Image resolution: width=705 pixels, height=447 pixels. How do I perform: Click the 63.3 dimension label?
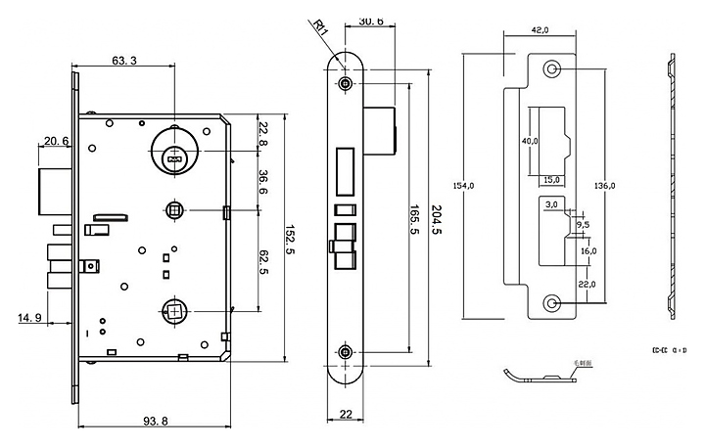click(124, 61)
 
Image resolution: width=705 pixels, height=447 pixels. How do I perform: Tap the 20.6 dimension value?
click(57, 142)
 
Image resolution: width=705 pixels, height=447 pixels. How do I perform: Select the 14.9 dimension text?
click(28, 318)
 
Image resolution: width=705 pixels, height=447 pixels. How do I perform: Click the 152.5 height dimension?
click(291, 239)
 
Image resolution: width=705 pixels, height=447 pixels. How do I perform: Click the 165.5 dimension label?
click(411, 223)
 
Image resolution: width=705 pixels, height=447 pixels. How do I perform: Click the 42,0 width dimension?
click(540, 30)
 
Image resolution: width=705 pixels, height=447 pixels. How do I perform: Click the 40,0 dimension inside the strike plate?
click(530, 142)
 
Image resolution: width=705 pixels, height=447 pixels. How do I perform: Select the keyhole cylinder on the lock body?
click(174, 154)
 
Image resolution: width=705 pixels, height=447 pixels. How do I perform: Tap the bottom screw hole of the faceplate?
click(346, 351)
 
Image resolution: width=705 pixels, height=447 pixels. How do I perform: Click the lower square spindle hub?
click(174, 313)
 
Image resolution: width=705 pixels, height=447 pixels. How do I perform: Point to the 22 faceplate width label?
click(346, 414)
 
